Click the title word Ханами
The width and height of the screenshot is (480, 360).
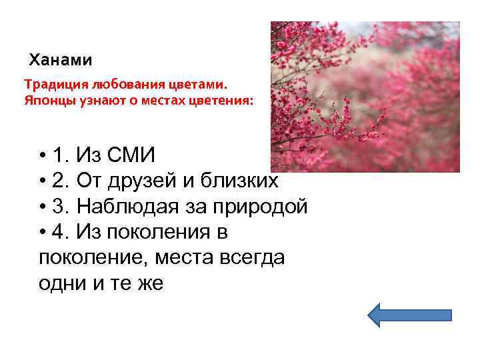[x=61, y=60]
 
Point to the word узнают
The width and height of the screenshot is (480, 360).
[x=93, y=102]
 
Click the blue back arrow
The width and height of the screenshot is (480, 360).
[x=410, y=314]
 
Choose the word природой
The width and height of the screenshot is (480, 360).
[x=259, y=207]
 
